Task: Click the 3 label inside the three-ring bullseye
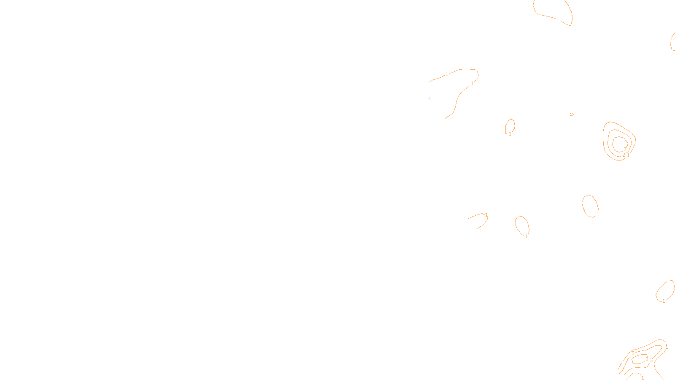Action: coord(625,149)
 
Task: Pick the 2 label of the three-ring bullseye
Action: coord(624,155)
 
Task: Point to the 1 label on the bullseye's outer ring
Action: coord(628,155)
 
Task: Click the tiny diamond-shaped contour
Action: coord(572,114)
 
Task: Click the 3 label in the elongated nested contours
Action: coord(647,359)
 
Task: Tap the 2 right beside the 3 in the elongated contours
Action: coord(651,360)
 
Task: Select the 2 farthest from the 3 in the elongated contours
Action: coord(633,353)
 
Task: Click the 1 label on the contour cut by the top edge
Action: coord(558,19)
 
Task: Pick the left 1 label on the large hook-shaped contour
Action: coord(447,74)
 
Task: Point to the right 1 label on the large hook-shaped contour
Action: coord(472,84)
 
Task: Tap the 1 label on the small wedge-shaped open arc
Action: coord(486,215)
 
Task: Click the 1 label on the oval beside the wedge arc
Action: coord(526,236)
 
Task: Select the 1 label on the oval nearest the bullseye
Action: coord(598,214)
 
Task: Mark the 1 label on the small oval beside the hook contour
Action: coord(510,134)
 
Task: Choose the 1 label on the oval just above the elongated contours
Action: coord(664,301)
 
